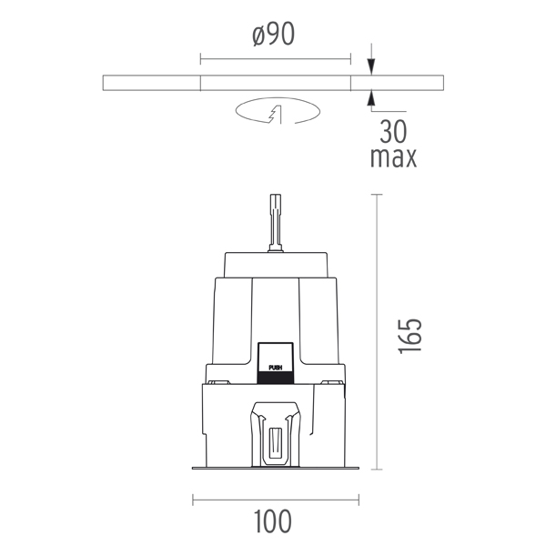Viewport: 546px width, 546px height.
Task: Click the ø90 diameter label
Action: (274, 35)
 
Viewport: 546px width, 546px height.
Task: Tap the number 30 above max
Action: (393, 131)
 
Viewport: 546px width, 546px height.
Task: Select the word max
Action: (393, 157)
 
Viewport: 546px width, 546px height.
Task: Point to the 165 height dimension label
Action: (409, 336)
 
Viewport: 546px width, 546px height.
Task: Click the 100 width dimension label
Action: (273, 521)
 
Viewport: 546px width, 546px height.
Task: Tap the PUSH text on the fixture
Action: (276, 368)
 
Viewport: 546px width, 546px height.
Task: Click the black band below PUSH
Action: (276, 378)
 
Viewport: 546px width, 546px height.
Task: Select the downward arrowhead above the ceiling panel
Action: (371, 66)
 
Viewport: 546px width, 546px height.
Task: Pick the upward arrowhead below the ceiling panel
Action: (371, 98)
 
